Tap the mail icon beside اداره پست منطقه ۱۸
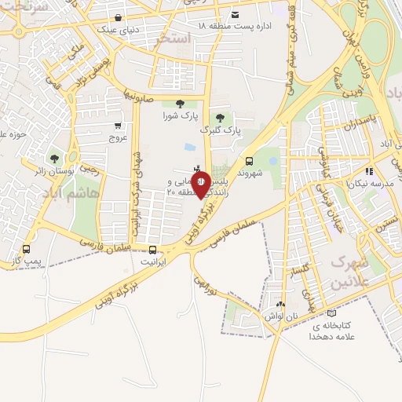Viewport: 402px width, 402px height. pyautogui.click(x=236, y=14)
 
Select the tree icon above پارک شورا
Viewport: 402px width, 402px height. pyautogui.click(x=181, y=104)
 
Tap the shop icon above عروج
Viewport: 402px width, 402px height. pyautogui.click(x=118, y=125)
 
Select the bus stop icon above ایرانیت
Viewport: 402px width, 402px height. pyautogui.click(x=152, y=252)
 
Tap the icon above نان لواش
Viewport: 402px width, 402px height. pyautogui.click(x=281, y=303)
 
